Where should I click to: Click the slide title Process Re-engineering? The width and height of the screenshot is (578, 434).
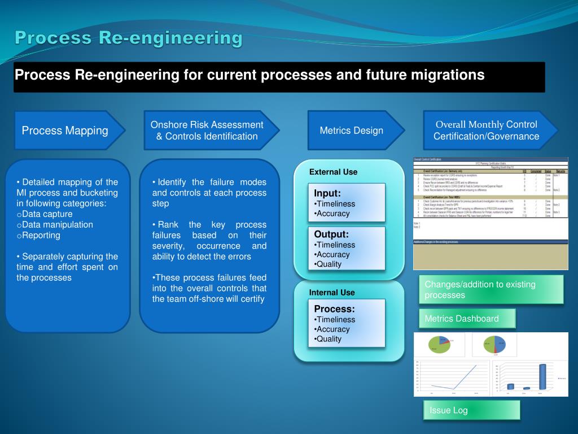click(x=129, y=38)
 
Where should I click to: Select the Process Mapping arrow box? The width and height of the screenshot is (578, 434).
click(x=65, y=131)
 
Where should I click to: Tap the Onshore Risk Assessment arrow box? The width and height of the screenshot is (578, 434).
click(x=207, y=131)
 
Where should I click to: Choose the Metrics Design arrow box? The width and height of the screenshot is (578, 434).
click(x=351, y=131)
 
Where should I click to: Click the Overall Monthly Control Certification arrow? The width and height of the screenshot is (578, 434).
click(x=486, y=131)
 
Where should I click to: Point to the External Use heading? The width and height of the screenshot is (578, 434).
click(x=333, y=172)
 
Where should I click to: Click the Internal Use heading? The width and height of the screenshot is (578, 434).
click(x=332, y=292)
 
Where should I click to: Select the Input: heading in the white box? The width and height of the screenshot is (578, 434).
click(x=327, y=193)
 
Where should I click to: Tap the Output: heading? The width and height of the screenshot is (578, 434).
click(x=331, y=234)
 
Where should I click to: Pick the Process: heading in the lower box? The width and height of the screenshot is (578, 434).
click(x=334, y=309)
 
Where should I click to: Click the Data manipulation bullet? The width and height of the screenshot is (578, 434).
click(x=57, y=224)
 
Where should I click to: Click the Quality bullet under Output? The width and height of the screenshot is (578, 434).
click(x=329, y=264)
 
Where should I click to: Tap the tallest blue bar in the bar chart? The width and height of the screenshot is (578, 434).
click(x=542, y=376)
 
